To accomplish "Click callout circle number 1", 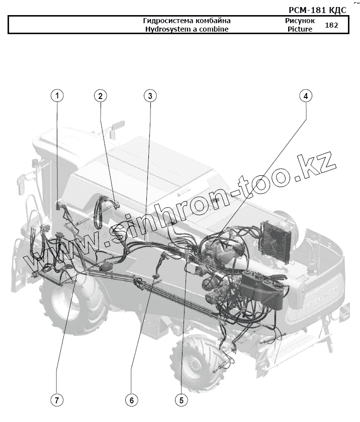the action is coord(58,95).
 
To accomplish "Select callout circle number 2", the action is coord(101,95).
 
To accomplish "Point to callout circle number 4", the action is coord(306,95).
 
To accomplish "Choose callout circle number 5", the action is coord(181,400).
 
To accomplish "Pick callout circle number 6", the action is coord(131,400).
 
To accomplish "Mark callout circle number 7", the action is coord(56,400).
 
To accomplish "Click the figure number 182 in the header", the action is coord(332,25).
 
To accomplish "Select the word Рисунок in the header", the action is coord(300,21).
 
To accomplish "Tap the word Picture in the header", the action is coord(300,29).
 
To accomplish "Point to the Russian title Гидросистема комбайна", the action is coord(187,21).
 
